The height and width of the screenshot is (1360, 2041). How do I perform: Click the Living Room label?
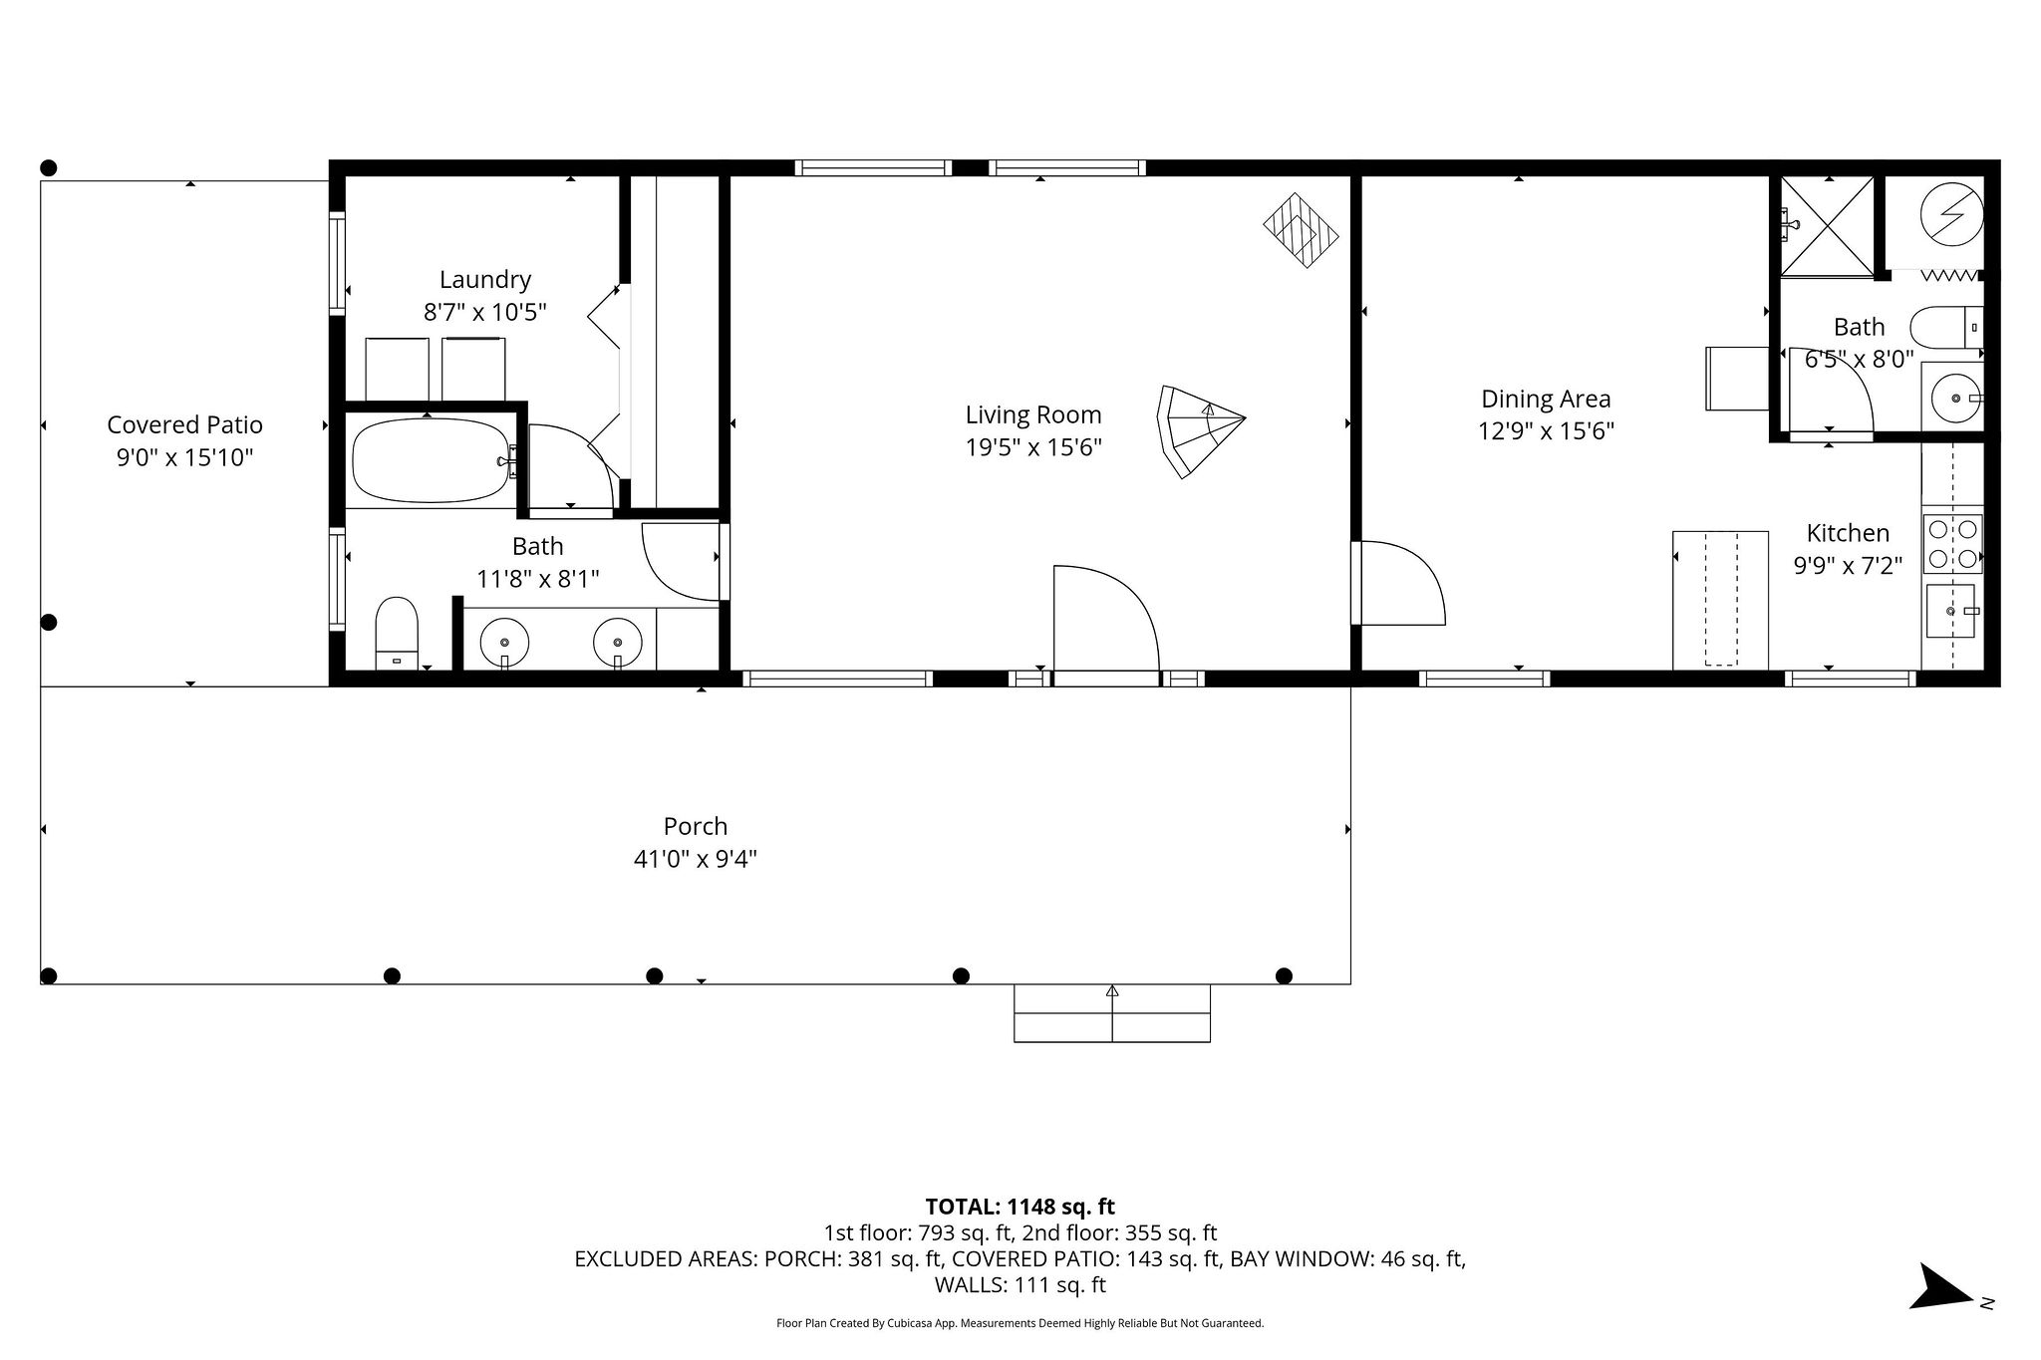[x=1032, y=414]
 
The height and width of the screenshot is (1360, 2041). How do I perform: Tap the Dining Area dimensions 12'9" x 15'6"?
[x=1545, y=431]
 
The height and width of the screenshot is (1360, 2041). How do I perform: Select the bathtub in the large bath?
[x=430, y=460]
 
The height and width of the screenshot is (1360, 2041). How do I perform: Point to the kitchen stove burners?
[x=1952, y=544]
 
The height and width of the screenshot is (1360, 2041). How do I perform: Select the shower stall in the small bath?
[x=1827, y=226]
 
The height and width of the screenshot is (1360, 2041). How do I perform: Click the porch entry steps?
[x=1111, y=1013]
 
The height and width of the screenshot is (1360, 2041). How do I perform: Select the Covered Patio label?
[x=184, y=424]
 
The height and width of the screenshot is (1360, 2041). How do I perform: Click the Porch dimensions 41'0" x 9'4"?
[x=695, y=859]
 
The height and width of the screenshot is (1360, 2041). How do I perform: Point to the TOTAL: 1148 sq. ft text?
[x=1020, y=1207]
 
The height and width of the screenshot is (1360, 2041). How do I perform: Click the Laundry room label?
[x=484, y=279]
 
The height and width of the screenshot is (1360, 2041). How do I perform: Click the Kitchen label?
[x=1847, y=532]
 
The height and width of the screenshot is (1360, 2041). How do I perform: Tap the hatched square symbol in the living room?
[x=1301, y=230]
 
